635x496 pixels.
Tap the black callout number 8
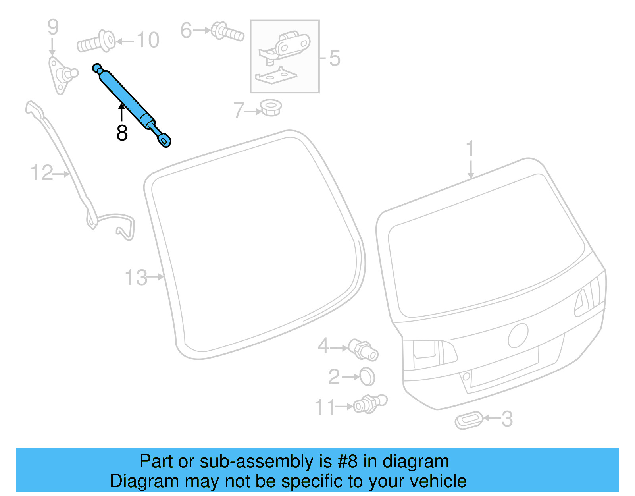click(122, 133)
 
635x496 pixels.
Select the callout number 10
click(148, 40)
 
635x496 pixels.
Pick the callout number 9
click(53, 27)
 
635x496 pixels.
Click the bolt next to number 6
click(227, 32)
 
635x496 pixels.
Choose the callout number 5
click(335, 58)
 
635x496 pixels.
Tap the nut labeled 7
click(271, 108)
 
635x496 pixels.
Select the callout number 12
click(42, 173)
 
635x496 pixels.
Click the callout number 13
click(136, 277)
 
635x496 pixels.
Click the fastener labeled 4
click(363, 349)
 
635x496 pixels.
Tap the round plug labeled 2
click(367, 376)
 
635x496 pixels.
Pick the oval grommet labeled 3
click(469, 420)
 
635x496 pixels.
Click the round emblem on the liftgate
click(518, 336)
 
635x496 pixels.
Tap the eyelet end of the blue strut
click(165, 140)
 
